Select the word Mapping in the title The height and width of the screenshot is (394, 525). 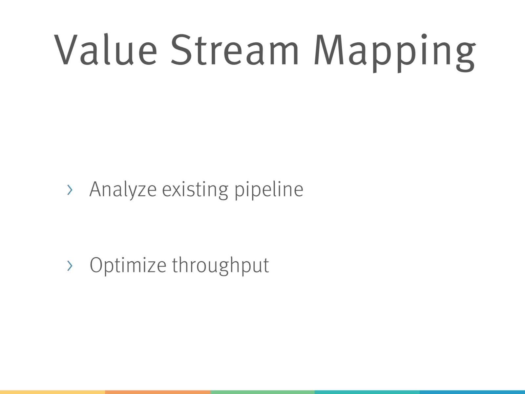point(395,53)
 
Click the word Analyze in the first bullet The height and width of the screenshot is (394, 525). point(123,190)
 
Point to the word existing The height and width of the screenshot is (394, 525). point(195,190)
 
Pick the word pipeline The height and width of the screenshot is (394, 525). point(269,190)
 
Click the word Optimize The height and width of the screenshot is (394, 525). point(128,266)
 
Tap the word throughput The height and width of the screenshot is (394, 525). point(220,266)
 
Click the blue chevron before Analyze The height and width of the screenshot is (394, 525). point(70,190)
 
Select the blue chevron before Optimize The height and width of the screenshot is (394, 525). point(70,266)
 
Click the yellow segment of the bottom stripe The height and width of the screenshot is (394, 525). point(52,392)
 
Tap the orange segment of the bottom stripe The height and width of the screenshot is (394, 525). point(157,392)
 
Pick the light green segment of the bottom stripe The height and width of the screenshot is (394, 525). point(262,392)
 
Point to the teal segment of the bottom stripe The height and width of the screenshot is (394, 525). point(367,392)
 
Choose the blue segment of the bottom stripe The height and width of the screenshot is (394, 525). point(472,392)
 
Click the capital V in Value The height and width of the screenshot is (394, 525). point(66,50)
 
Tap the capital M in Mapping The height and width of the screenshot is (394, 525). point(329,50)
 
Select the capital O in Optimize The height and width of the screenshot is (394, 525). point(96,265)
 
